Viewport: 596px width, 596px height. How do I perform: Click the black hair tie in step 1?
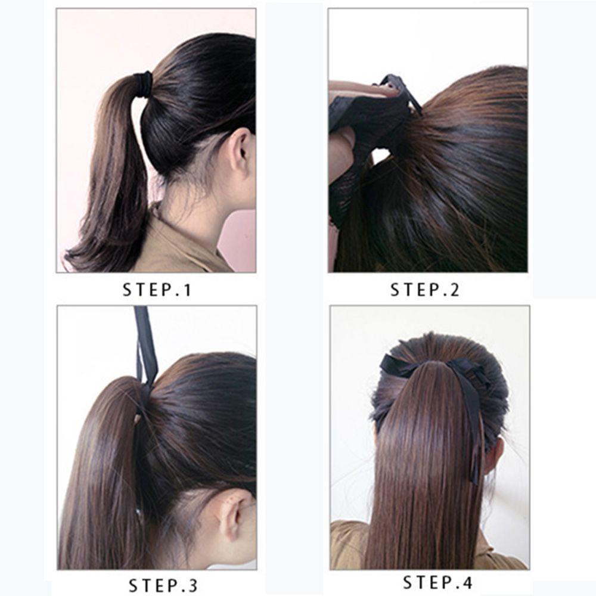(x=143, y=83)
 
